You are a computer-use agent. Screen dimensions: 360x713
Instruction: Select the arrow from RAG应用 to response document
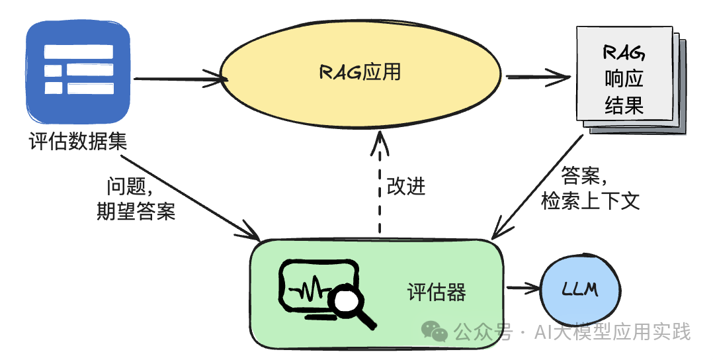pyautogui.click(x=537, y=77)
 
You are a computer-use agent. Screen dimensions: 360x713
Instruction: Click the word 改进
pyautogui.click(x=405, y=187)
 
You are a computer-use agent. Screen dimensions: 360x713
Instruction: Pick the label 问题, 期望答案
pyautogui.click(x=136, y=199)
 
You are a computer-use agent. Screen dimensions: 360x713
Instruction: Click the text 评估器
pyautogui.click(x=437, y=292)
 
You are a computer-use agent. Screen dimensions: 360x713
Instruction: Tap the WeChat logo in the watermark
pyautogui.click(x=437, y=330)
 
